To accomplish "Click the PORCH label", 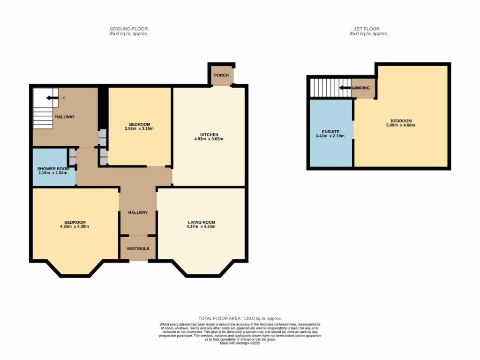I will point(221,75).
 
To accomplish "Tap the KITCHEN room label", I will point(209,135).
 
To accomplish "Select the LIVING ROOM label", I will point(201,222).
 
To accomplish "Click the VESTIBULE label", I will point(138,248).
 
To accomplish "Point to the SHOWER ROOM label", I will point(53,169).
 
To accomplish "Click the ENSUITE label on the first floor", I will point(330,132).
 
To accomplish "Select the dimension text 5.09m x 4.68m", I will point(400,125).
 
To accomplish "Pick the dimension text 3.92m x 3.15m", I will point(139,128).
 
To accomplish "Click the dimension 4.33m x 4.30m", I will point(75,226).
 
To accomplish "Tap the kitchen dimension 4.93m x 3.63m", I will point(209,139).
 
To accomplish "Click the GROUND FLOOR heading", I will point(128,29).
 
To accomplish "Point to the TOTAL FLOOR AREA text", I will point(240,318).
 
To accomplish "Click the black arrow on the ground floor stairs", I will point(49,98).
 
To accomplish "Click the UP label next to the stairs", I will point(63,98).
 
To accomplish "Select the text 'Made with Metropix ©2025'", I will point(240,343).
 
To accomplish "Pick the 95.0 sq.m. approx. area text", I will point(128,34).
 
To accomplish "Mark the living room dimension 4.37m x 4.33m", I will point(201,226).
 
